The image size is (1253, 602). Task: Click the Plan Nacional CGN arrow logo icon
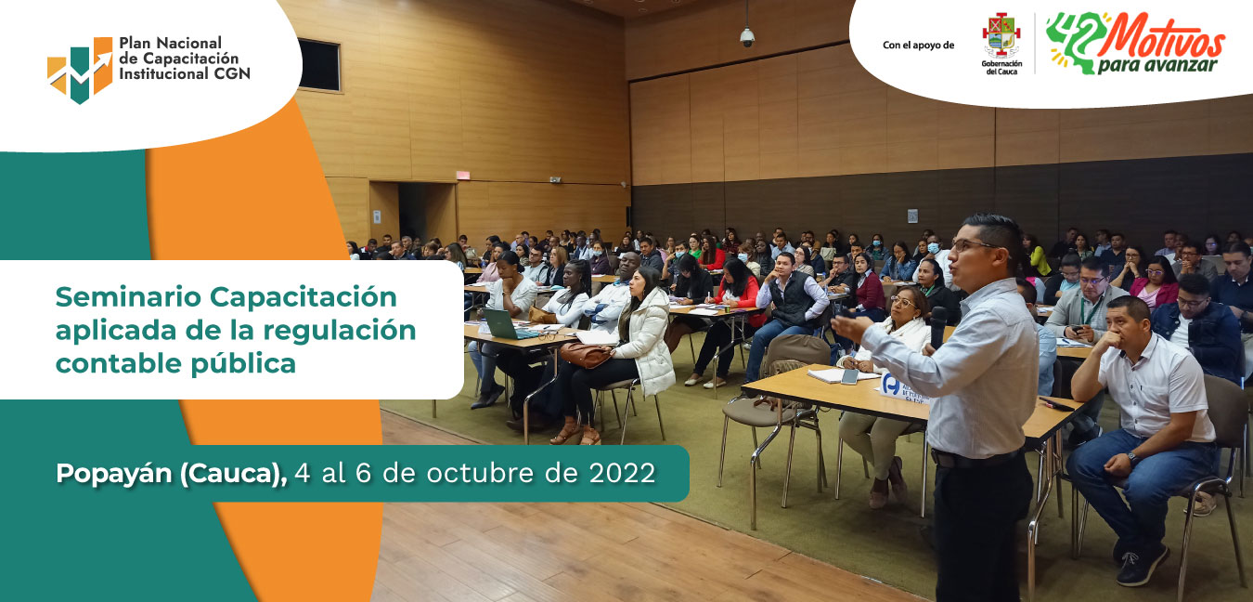tap(80, 70)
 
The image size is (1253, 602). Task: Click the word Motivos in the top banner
tap(1162, 39)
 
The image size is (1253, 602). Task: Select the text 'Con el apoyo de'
tap(918, 46)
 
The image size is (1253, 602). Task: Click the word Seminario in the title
tap(128, 296)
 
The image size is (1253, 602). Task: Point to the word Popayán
tap(113, 474)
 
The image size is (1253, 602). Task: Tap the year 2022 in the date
tap(622, 473)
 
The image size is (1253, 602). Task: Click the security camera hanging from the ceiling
tap(747, 37)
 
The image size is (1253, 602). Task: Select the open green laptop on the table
tap(507, 325)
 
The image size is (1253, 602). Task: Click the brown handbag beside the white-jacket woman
tap(585, 355)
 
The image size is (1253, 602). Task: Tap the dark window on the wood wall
tap(319, 65)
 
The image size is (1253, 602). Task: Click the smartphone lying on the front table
tap(849, 376)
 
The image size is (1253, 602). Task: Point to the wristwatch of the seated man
tap(1132, 459)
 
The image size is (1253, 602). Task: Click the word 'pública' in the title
tap(243, 364)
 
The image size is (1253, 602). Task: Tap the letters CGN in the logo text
tap(232, 73)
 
